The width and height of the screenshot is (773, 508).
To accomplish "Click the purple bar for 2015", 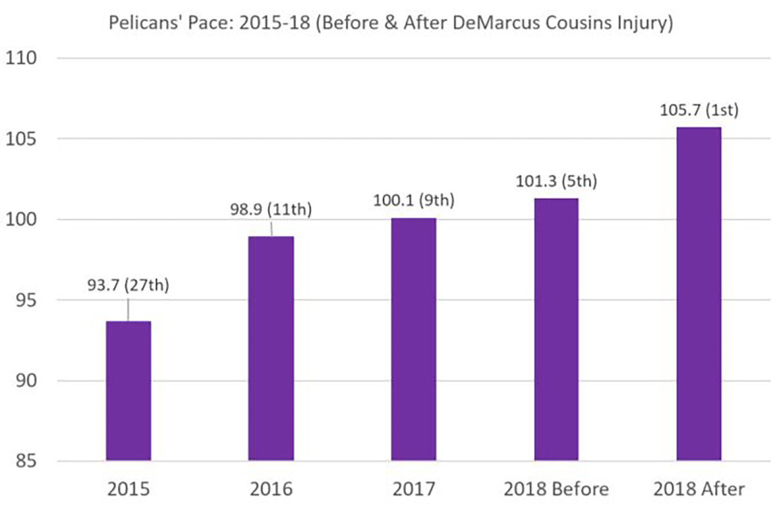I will (128, 391).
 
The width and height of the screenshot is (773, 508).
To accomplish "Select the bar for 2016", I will (271, 348).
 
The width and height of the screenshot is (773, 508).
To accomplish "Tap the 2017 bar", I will (414, 339).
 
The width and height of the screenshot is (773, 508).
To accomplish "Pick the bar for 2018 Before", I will (556, 330).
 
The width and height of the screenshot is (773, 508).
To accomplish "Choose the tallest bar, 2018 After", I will (699, 294).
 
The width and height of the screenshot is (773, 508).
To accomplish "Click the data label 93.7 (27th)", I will (128, 285).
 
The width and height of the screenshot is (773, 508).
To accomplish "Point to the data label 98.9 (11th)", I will (271, 211).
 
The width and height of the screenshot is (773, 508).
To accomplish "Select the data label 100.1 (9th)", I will (414, 201).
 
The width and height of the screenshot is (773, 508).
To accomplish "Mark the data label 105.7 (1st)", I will (699, 110).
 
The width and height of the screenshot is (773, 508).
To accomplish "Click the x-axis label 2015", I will (128, 489).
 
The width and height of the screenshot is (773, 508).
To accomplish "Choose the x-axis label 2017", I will (414, 489).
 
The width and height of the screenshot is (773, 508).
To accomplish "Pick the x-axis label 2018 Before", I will (556, 489).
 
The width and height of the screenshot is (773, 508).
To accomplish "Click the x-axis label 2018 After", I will (699, 489).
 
